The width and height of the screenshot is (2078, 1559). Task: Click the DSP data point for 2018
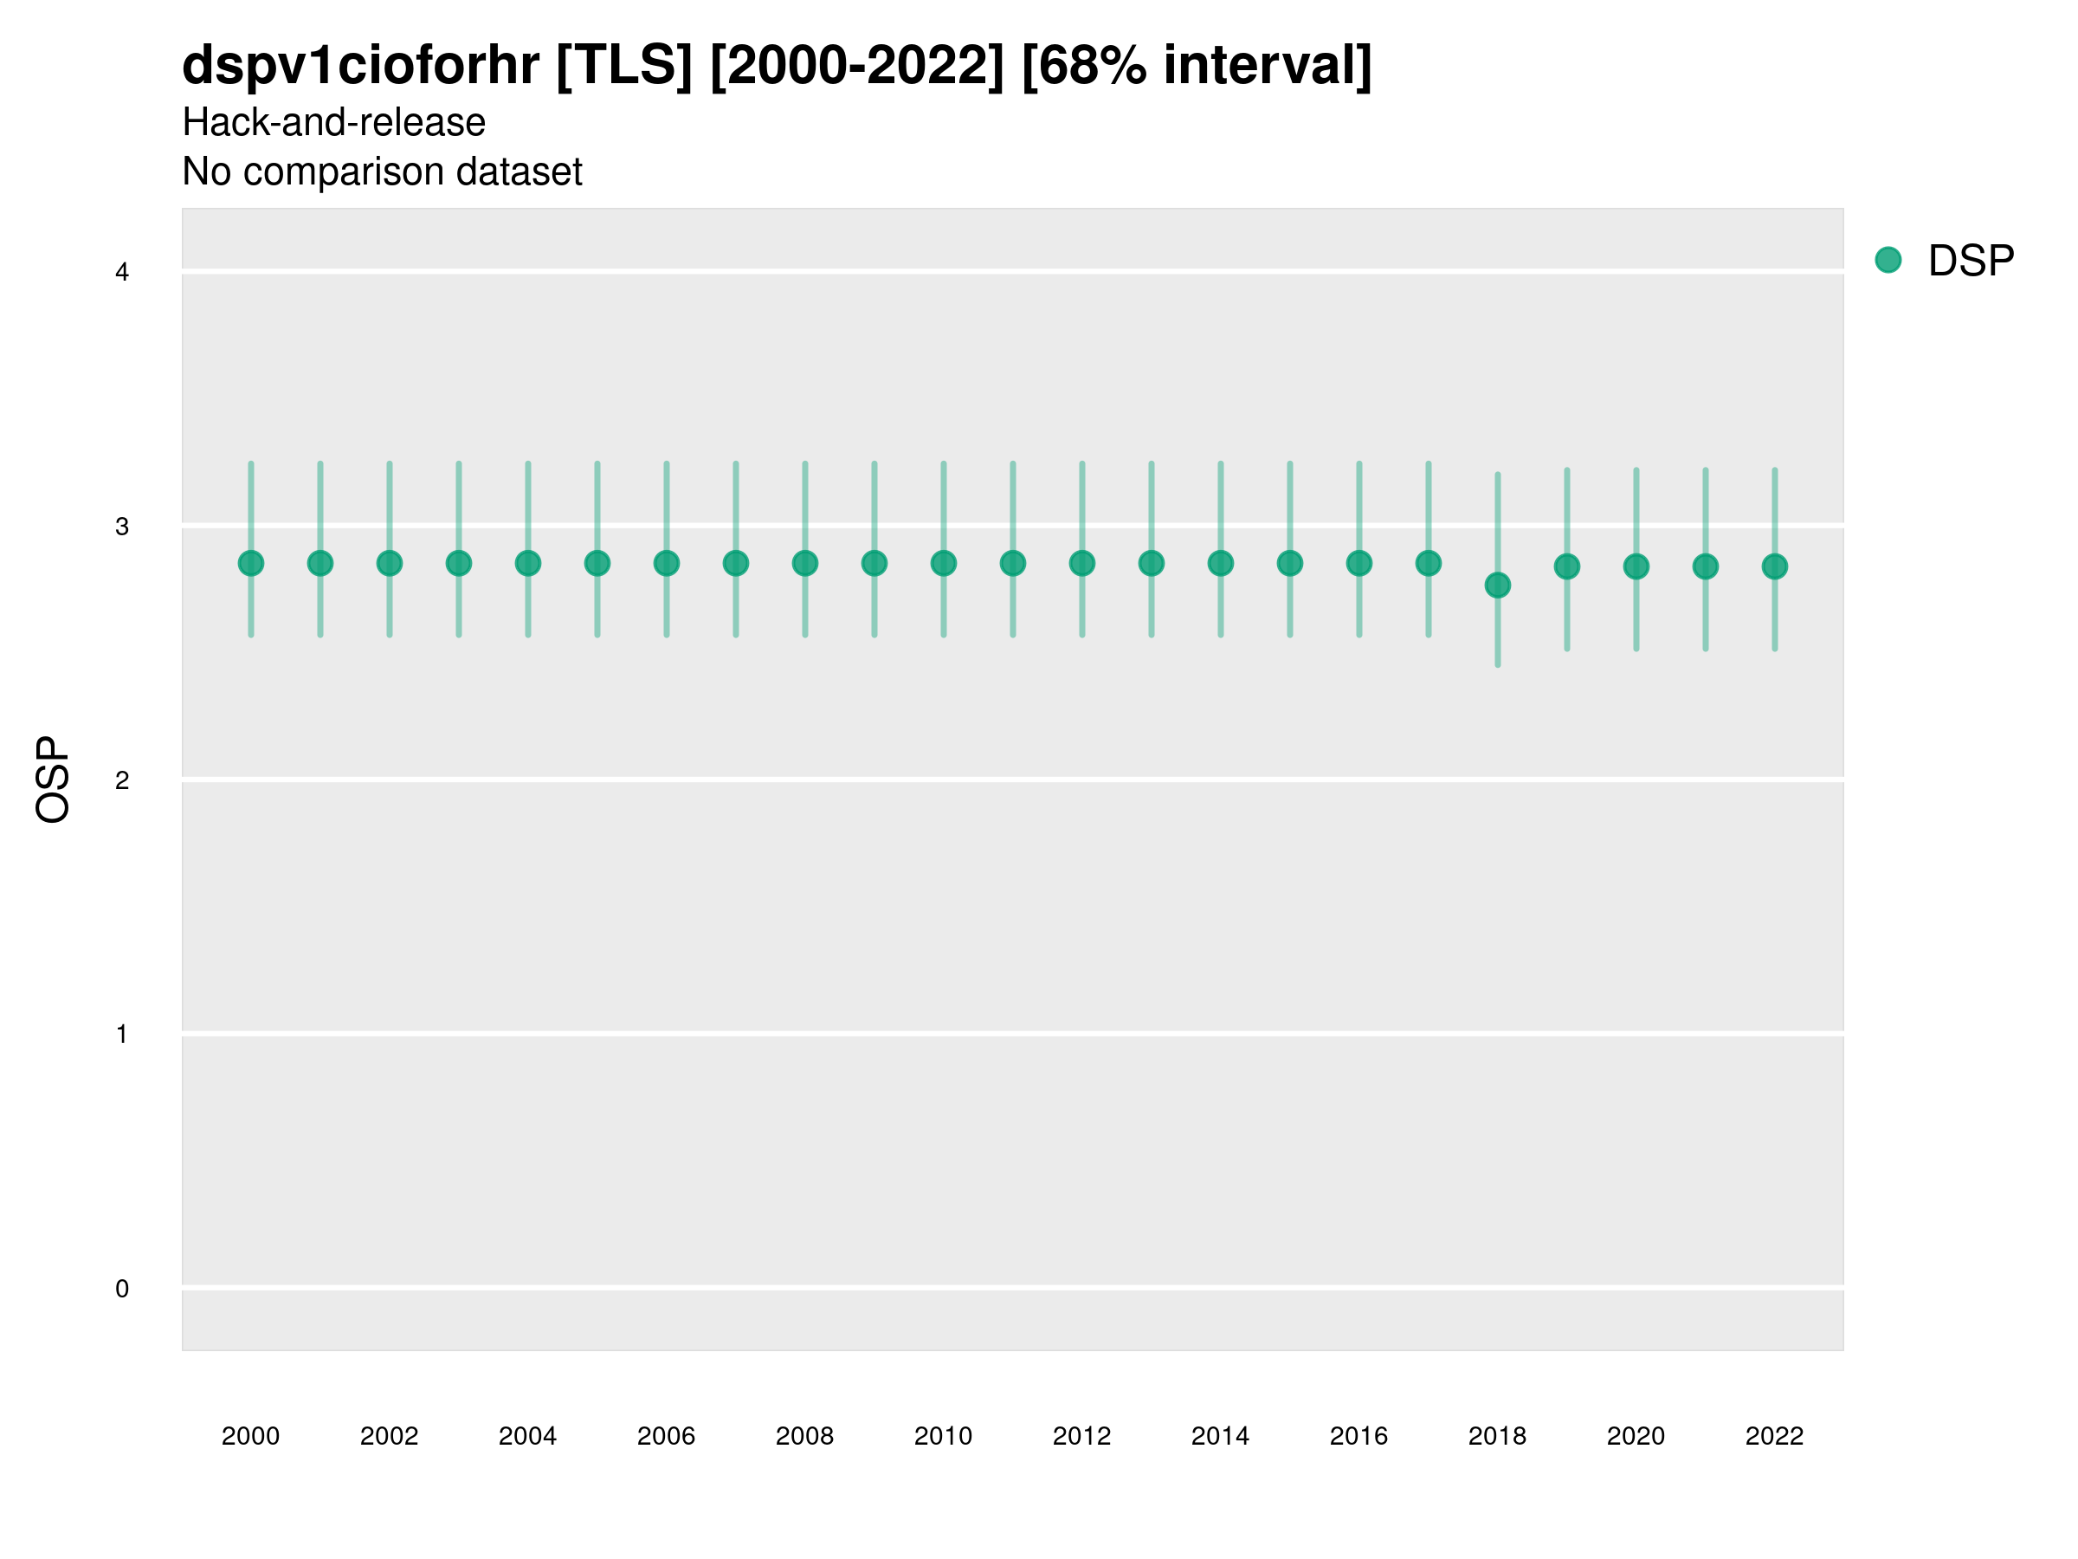pyautogui.click(x=1497, y=585)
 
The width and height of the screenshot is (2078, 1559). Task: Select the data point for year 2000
pyautogui.click(x=251, y=563)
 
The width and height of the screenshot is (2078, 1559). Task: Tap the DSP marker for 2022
pyautogui.click(x=1775, y=566)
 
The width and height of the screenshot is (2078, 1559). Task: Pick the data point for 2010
pyautogui.click(x=943, y=563)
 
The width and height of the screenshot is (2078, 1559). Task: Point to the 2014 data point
pyautogui.click(x=1220, y=563)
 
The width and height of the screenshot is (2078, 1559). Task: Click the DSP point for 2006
pyautogui.click(x=666, y=563)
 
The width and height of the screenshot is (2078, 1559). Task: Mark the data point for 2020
pyautogui.click(x=1636, y=566)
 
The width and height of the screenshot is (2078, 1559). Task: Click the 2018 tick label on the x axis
pyautogui.click(x=1496, y=1436)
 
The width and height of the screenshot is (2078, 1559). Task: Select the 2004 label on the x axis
pyautogui.click(x=527, y=1436)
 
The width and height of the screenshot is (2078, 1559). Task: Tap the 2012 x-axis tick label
pyautogui.click(x=1081, y=1436)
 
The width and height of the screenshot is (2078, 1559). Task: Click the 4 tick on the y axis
pyautogui.click(x=122, y=273)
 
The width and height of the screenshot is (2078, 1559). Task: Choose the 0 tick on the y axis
pyautogui.click(x=122, y=1289)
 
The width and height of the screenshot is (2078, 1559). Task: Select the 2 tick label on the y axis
pyautogui.click(x=122, y=780)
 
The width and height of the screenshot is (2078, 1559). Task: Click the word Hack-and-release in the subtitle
pyautogui.click(x=333, y=122)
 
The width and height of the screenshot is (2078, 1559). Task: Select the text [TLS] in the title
pyautogui.click(x=623, y=66)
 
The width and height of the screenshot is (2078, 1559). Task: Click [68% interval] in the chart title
pyautogui.click(x=1196, y=66)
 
